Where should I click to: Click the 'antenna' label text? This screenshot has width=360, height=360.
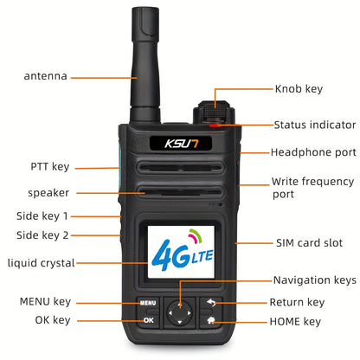[45, 76]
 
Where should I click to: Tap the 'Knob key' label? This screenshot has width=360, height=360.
[299, 88]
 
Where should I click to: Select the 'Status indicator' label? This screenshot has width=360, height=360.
[312, 125]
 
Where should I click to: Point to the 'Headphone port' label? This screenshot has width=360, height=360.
[312, 153]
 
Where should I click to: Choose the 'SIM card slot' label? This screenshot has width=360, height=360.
[310, 243]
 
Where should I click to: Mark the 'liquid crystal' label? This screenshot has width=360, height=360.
[42, 262]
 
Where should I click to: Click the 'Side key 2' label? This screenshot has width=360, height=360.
[42, 235]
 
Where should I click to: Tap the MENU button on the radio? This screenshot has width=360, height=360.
[146, 304]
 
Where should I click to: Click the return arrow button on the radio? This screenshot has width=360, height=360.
[213, 304]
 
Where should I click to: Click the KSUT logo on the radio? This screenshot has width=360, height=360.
[179, 142]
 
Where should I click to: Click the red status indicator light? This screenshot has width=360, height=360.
[214, 126]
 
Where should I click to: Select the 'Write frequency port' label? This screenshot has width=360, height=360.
[312, 188]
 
